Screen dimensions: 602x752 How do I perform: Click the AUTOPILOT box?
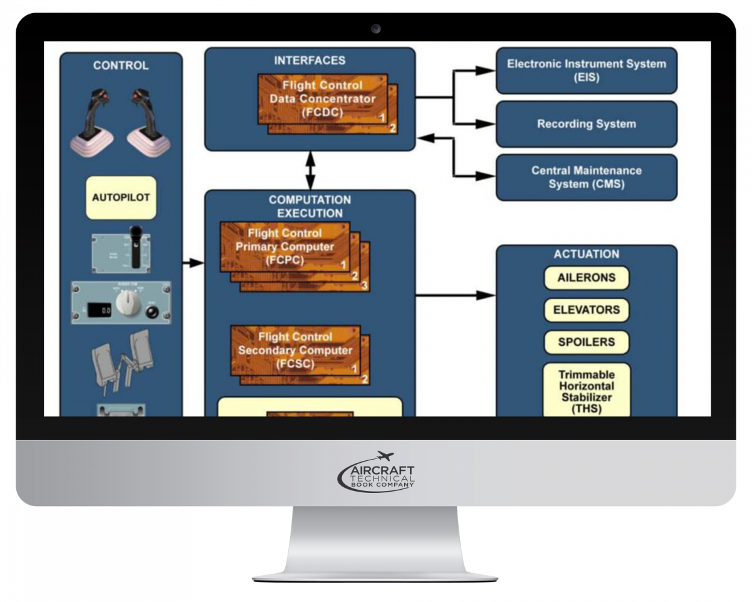[121, 197]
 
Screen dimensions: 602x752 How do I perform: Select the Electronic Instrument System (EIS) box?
[586, 70]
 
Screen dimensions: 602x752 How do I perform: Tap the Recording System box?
[586, 124]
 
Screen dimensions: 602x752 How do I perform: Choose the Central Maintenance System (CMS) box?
[586, 177]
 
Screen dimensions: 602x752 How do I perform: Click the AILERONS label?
[586, 278]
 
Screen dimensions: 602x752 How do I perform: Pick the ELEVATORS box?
[586, 310]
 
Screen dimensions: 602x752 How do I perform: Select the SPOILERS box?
[586, 342]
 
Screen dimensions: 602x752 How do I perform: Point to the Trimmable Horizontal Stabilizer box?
[586, 391]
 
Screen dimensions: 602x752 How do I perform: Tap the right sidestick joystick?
[148, 122]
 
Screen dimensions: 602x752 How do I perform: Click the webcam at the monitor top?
[375, 28]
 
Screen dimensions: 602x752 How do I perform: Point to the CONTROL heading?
[121, 65]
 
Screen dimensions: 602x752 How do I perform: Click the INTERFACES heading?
[310, 60]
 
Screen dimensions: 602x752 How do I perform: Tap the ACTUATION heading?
[586, 254]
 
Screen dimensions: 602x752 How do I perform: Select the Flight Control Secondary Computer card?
[296, 351]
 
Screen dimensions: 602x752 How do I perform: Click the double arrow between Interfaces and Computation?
[310, 170]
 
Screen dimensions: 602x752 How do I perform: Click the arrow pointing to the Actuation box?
[454, 295]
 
